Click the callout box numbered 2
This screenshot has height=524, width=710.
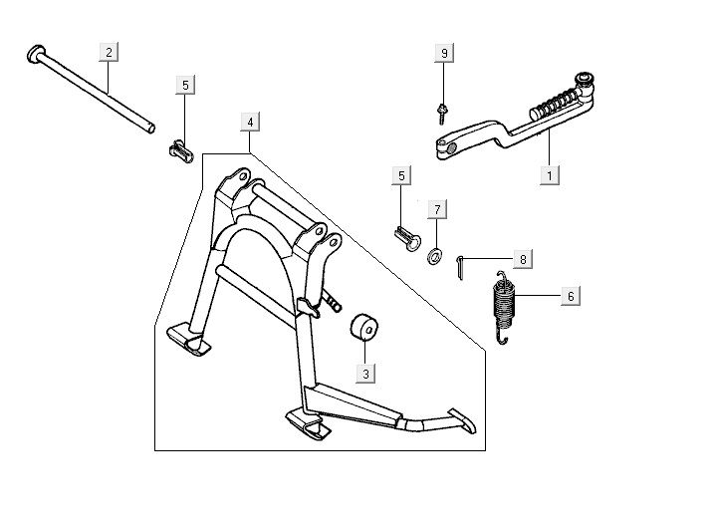click(x=109, y=51)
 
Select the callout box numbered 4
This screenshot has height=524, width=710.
click(x=250, y=123)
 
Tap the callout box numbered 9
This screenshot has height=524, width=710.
click(x=445, y=51)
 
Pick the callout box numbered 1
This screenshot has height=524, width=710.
click(x=549, y=174)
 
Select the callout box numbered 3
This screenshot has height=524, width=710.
click(x=365, y=374)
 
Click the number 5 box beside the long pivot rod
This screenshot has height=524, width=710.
click(x=186, y=86)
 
